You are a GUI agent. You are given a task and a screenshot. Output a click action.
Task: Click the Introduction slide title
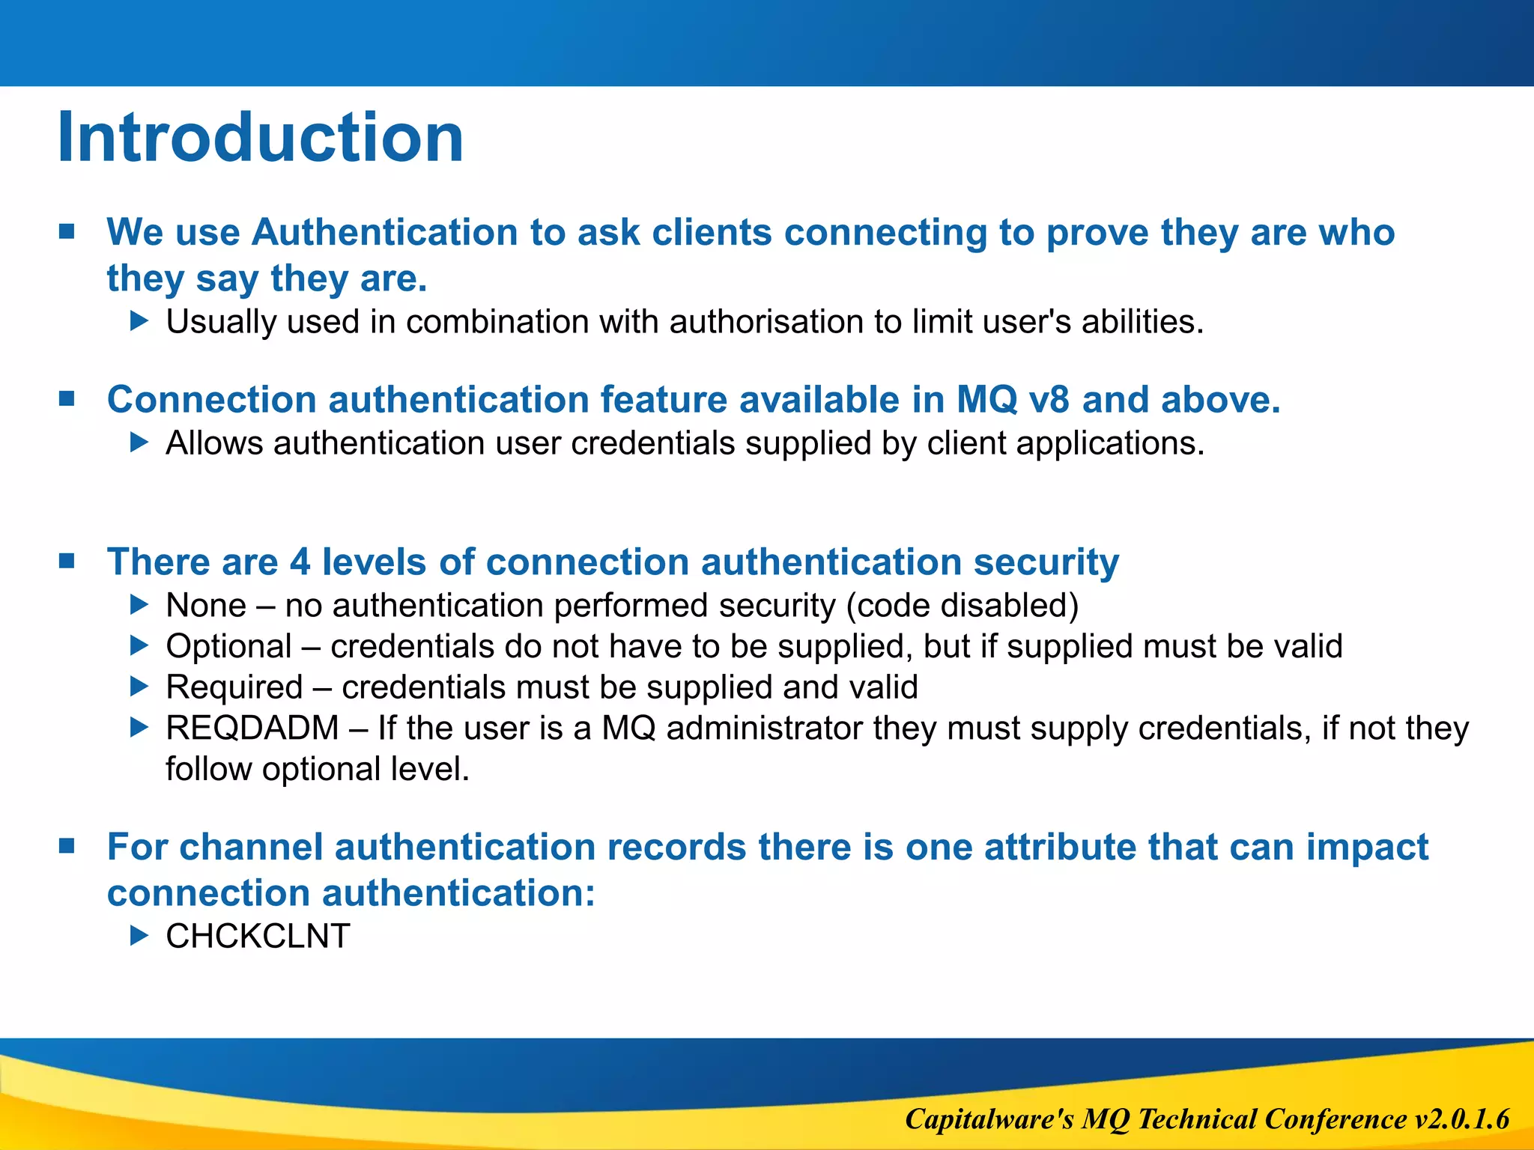[260, 138]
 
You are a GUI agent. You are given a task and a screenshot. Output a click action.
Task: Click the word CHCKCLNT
[258, 937]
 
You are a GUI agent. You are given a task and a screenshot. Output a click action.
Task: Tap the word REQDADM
[252, 728]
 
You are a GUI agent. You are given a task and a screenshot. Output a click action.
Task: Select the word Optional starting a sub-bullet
[228, 647]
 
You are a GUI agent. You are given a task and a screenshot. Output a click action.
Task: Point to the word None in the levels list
[206, 606]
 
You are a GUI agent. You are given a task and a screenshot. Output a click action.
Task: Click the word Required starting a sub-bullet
[234, 687]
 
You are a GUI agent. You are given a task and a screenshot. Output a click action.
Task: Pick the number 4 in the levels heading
[300, 562]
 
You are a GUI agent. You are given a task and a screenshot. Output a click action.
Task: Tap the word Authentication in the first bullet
[384, 232]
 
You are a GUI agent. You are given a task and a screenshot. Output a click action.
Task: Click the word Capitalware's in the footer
[989, 1119]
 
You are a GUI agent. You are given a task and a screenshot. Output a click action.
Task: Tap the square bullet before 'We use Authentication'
[67, 231]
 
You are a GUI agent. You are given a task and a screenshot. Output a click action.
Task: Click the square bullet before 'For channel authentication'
[67, 847]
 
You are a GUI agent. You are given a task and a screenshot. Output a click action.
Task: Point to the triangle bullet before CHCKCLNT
[139, 935]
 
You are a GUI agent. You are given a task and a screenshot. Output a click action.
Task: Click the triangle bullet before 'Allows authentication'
[139, 442]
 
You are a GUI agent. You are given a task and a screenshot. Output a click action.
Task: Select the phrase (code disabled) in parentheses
[962, 606]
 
